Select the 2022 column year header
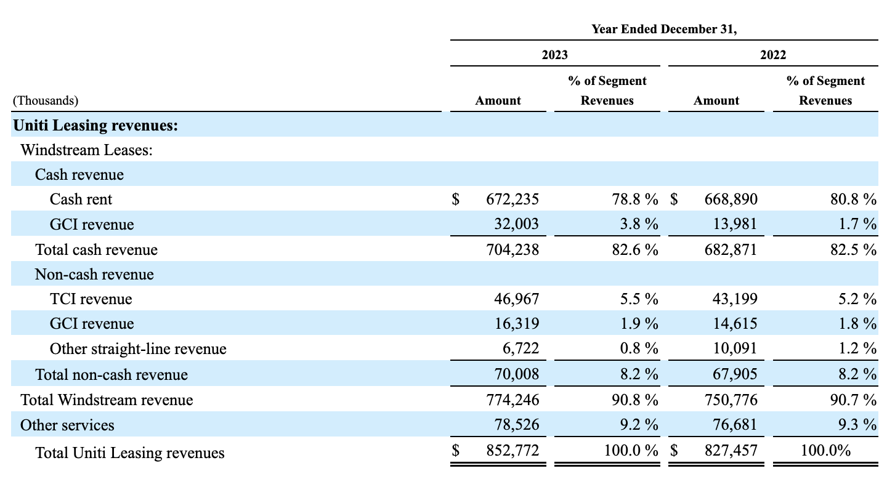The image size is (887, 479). [x=773, y=55]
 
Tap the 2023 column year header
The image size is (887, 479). [x=554, y=55]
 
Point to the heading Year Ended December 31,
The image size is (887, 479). [x=664, y=29]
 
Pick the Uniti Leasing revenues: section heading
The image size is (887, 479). [x=95, y=126]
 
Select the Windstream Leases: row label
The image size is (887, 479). [x=87, y=150]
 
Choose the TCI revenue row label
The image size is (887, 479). [x=91, y=299]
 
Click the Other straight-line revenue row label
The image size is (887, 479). [x=138, y=349]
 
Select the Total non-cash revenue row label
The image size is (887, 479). [x=111, y=374]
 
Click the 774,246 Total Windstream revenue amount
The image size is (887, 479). [x=508, y=400]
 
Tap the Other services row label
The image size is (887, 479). [x=67, y=425]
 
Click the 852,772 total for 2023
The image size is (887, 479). [x=508, y=451]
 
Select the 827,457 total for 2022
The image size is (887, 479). [x=727, y=451]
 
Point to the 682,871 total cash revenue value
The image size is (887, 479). [x=727, y=249]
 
